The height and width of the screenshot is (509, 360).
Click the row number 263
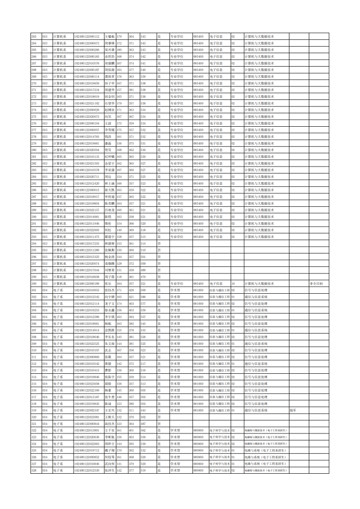pyautogui.click(x=34, y=36)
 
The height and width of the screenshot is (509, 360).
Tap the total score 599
pyautogui.click(x=143, y=290)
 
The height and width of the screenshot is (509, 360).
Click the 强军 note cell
pyautogui.click(x=293, y=410)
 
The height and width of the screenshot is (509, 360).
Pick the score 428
pyautogui.click(x=132, y=290)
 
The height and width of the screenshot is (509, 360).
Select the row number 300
pyautogui.click(x=34, y=283)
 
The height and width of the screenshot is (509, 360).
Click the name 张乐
pyautogui.click(x=107, y=283)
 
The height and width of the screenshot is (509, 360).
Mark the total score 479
pyautogui.click(x=143, y=276)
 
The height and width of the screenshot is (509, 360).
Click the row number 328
pyautogui.click(x=34, y=470)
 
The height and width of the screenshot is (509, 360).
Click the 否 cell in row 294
pyautogui.click(x=159, y=243)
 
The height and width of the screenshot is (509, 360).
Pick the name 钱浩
pyautogui.click(x=108, y=136)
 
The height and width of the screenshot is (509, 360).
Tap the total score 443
pyautogui.click(x=143, y=410)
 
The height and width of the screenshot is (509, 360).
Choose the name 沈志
pyautogui.click(x=108, y=350)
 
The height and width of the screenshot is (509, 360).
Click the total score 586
pyautogui.click(x=143, y=296)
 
